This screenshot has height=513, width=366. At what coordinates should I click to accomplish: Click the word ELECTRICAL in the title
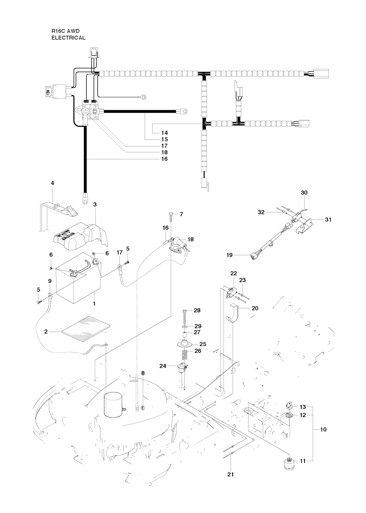[68, 38]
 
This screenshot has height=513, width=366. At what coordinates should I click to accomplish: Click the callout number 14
[164, 133]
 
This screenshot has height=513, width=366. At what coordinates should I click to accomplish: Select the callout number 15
[164, 139]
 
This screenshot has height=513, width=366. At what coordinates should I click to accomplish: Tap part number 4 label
[53, 183]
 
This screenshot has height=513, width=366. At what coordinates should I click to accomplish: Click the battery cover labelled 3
[77, 234]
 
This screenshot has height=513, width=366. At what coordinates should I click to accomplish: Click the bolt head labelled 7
[171, 214]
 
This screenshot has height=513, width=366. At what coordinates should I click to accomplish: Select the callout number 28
[197, 310]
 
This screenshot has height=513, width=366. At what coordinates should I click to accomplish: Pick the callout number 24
[163, 366]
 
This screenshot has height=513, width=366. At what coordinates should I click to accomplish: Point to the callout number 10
[323, 429]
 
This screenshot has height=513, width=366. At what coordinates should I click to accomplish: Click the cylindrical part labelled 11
[288, 465]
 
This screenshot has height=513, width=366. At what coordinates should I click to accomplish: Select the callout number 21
[231, 474]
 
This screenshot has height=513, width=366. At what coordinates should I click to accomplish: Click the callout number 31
[328, 219]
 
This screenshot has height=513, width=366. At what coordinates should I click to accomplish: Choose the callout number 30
[304, 193]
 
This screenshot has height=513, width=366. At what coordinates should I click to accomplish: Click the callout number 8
[143, 373]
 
